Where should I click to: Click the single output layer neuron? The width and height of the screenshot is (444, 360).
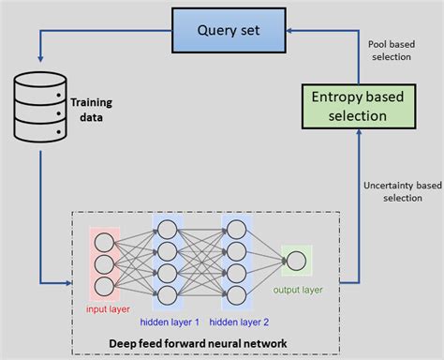coord(296,262)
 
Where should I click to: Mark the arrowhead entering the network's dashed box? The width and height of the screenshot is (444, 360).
coord(70,280)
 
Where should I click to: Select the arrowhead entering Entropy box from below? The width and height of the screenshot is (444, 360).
coord(359,132)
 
